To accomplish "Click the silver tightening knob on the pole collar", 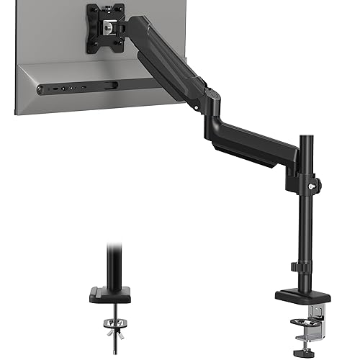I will pyautogui.click(x=310, y=185).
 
